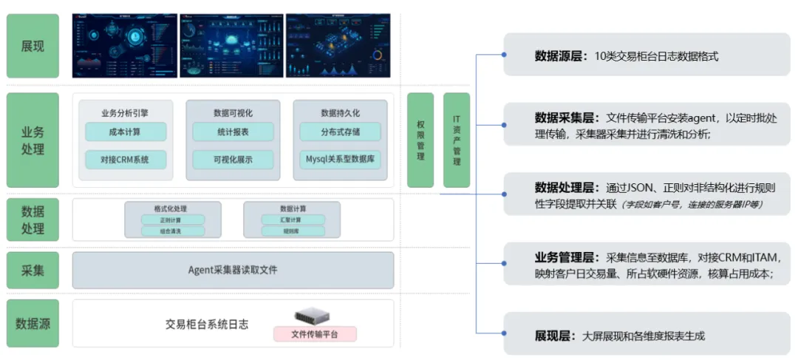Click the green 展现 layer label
click(x=33, y=46)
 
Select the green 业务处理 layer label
click(x=33, y=140)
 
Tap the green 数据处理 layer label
click(x=33, y=220)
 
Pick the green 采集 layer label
click(x=33, y=270)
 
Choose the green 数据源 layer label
click(x=33, y=323)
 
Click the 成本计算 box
click(x=125, y=132)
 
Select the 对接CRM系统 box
click(x=125, y=159)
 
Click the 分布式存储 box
click(x=340, y=132)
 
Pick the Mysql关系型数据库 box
click(x=340, y=159)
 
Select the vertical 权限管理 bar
click(x=420, y=140)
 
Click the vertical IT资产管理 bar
click(x=457, y=140)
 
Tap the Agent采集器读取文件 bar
click(x=233, y=270)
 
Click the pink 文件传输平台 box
click(x=315, y=334)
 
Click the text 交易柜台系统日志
click(x=206, y=325)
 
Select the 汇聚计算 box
click(x=291, y=220)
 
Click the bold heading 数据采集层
click(x=567, y=118)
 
